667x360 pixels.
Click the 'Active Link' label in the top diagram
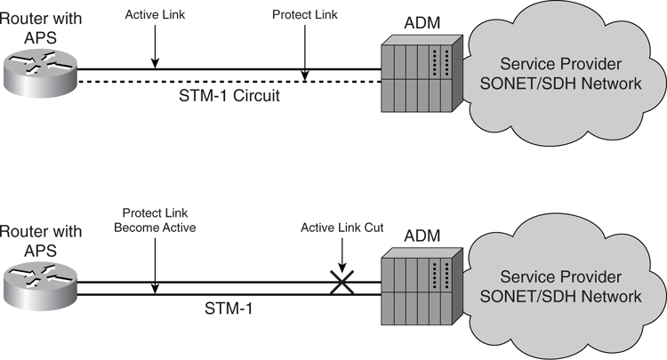pyautogui.click(x=155, y=16)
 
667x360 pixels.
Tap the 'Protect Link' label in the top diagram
pyautogui.click(x=305, y=16)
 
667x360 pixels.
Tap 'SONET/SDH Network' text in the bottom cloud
pyautogui.click(x=570, y=295)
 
